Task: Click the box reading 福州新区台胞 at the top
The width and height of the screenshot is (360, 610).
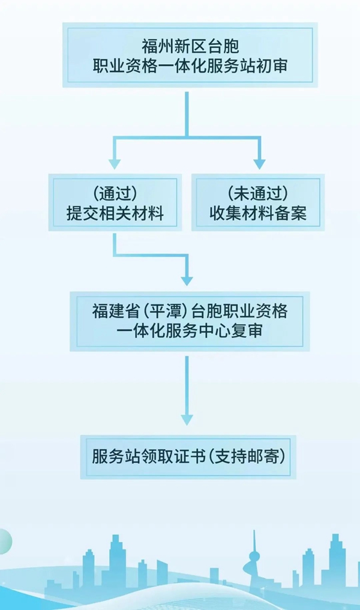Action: pos(189,55)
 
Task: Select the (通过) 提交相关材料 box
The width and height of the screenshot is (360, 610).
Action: pos(115,203)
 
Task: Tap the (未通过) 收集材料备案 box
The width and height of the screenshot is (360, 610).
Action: pos(258,203)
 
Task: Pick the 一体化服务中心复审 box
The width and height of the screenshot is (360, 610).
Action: pos(190,321)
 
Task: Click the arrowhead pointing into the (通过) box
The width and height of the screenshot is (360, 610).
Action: pos(115,163)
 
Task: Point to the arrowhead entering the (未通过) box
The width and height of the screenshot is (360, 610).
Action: pos(259,163)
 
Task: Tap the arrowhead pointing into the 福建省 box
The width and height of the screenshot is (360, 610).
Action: pos(187,280)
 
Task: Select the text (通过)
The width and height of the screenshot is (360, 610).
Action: pos(115,193)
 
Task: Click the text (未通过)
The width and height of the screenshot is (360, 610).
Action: pos(259,193)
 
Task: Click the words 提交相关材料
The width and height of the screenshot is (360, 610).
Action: pos(115,214)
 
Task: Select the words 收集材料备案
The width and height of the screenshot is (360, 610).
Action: pos(259,214)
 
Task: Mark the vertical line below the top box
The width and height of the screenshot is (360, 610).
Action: pos(187,114)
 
